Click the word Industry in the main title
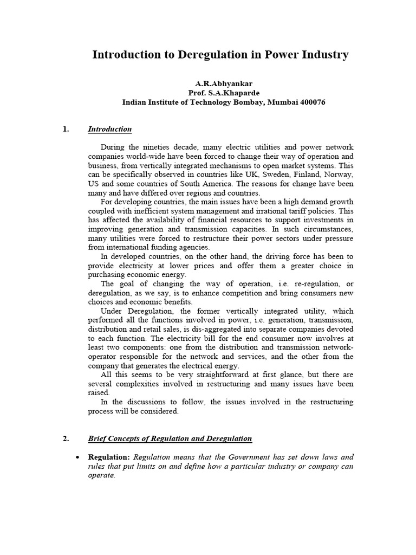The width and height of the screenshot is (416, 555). coord(322,55)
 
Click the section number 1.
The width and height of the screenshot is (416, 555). coord(66,129)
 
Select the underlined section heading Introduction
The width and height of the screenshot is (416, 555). coord(109,129)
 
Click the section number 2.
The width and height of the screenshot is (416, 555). coord(66,438)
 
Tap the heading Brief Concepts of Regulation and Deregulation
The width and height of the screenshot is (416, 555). coord(170,438)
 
